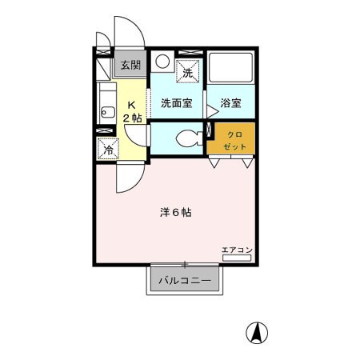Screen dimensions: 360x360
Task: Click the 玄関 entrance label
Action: (128, 65)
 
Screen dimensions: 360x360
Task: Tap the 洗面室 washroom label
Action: (176, 102)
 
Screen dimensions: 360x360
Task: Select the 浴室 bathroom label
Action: (230, 102)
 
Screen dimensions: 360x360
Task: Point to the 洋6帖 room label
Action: (174, 213)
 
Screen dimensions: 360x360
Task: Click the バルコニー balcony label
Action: (183, 281)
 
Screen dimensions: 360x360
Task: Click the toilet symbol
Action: (186, 136)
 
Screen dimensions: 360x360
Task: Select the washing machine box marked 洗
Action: (189, 71)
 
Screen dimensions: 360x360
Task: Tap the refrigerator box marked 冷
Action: (107, 148)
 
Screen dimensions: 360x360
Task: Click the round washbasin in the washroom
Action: (162, 61)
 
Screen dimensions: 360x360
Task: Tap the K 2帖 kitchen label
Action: (132, 112)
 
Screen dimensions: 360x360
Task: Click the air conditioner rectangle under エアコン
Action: (237, 258)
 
